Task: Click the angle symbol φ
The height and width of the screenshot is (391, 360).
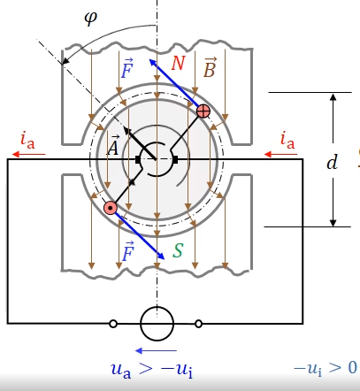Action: (x=90, y=19)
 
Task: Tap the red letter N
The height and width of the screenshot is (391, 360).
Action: (x=178, y=63)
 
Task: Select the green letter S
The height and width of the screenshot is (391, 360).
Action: (x=178, y=251)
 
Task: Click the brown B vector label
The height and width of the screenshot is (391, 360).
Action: (x=210, y=68)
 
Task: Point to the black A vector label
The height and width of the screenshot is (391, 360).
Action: (x=113, y=145)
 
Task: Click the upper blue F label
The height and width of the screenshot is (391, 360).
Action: (x=127, y=68)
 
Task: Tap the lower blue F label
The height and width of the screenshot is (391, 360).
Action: (x=127, y=251)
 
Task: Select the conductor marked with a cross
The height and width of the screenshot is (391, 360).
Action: (x=203, y=111)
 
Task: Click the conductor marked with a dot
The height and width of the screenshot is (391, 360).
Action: (x=111, y=208)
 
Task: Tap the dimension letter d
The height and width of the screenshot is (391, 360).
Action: (x=333, y=162)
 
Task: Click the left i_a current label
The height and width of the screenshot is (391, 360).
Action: (x=27, y=140)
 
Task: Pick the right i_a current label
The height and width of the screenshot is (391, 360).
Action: (x=287, y=140)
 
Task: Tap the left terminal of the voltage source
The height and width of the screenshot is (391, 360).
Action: (x=113, y=324)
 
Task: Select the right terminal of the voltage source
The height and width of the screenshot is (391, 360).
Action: (x=199, y=324)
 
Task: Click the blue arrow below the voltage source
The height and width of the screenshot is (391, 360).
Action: (x=156, y=350)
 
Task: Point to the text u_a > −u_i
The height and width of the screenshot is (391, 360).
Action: (x=152, y=369)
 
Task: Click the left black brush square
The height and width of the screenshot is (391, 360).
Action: (x=138, y=159)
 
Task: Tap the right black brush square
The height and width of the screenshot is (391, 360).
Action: (x=175, y=159)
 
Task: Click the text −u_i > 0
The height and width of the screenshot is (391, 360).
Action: (x=326, y=369)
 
